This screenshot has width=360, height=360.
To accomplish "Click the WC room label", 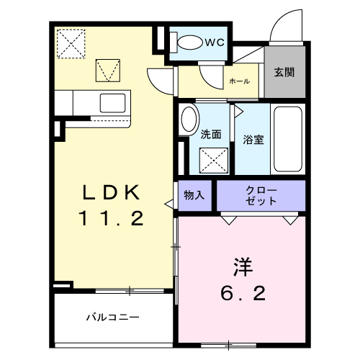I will tap(215, 42).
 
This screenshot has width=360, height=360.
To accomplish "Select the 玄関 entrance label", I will tap(283, 73).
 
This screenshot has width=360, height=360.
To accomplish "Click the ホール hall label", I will tap(239, 81).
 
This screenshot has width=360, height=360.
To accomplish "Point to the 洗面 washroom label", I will tap(210, 134).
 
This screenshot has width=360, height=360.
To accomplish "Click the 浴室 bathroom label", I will tap(253, 139).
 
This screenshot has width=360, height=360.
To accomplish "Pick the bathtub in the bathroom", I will tap(288, 139).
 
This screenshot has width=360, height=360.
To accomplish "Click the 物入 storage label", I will tap(194, 195).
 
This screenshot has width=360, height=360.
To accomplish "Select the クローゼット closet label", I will tap(261, 195).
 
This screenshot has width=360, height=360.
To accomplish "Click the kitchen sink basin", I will tap(113, 101).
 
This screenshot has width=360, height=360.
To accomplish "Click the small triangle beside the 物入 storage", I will tap(169, 204).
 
